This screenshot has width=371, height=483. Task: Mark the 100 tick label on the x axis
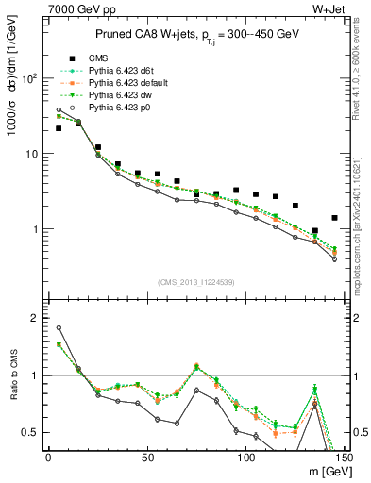click(x=245, y=458)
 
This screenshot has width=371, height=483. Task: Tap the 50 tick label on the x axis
click(x=146, y=458)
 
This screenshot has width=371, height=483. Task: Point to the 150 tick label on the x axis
click(x=343, y=458)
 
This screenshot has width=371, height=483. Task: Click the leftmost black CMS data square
click(x=59, y=128)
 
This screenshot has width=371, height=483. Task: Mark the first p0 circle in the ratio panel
click(x=59, y=328)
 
